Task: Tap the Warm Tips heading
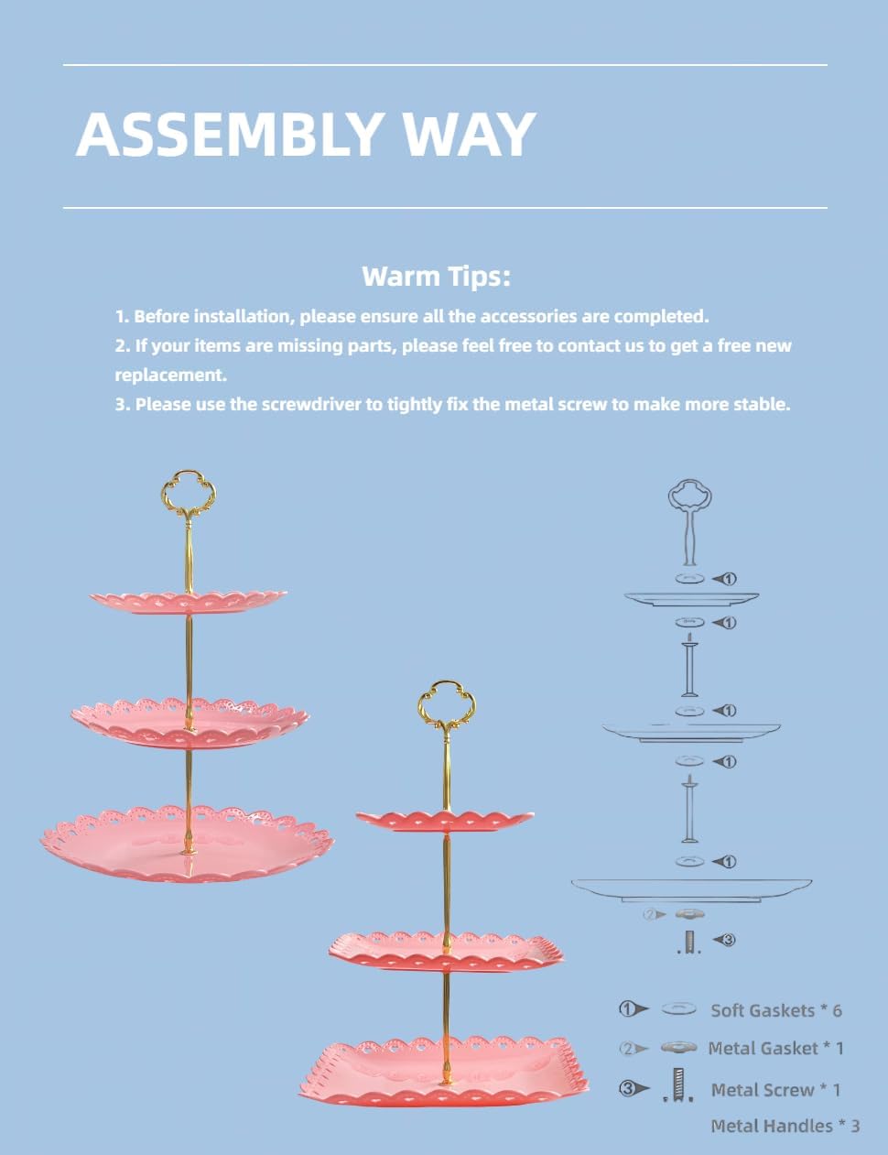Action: click(436, 277)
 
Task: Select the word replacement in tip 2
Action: click(171, 376)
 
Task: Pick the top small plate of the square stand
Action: click(445, 821)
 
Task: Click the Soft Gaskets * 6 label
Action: click(776, 1010)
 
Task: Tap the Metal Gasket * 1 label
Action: click(776, 1049)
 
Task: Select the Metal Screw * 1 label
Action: click(775, 1090)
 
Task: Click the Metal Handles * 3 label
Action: click(785, 1126)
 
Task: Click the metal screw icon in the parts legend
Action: click(677, 1085)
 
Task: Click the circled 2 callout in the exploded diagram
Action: click(650, 914)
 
